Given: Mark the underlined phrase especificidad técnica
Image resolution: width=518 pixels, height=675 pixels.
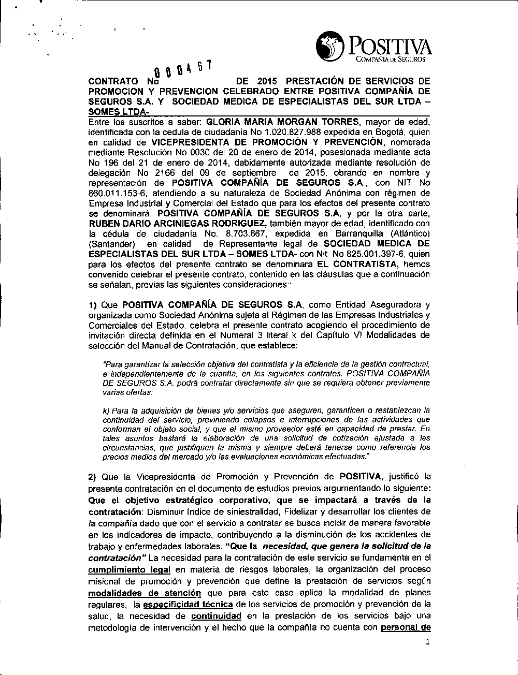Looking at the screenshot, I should [x=188, y=604].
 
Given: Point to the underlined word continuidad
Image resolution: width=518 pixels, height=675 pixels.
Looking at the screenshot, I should [x=216, y=616].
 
